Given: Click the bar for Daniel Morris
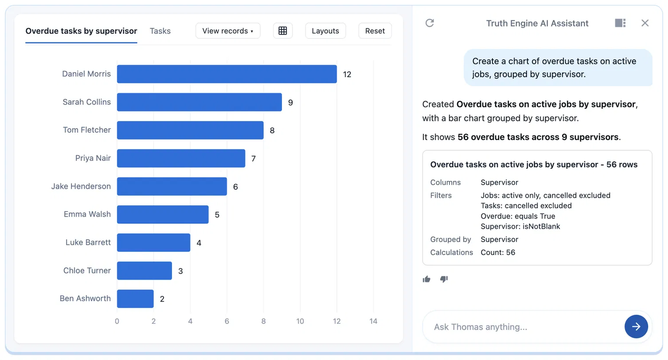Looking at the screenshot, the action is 227,74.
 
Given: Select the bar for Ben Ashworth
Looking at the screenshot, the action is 135,298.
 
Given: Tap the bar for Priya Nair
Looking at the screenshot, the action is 181,158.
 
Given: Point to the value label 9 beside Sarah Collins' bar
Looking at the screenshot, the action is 290,102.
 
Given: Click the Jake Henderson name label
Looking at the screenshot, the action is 81,186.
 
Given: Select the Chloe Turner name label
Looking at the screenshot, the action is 87,270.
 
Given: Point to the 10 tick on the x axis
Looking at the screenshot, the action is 300,321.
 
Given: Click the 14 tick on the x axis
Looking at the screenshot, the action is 373,321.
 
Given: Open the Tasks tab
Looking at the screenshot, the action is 160,31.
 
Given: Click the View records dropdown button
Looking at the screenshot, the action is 228,31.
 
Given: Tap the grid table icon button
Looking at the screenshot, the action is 283,31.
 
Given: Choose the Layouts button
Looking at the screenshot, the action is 325,31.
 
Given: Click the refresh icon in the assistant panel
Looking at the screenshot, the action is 430,23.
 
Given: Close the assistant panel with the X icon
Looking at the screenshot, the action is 645,23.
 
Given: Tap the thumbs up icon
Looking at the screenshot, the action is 426,279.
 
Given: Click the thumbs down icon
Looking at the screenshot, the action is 444,279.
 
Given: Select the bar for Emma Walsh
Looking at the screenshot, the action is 163,215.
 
